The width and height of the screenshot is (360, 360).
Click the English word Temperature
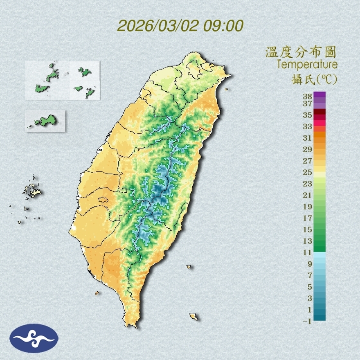[307, 65]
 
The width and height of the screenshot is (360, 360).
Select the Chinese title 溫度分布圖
[301, 52]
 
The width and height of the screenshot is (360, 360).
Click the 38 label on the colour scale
[308, 97]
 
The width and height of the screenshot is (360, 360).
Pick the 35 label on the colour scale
[308, 115]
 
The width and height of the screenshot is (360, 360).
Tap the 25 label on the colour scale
[308, 172]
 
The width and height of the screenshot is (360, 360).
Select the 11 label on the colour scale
[308, 252]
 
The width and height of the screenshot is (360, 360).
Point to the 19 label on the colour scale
[308, 207]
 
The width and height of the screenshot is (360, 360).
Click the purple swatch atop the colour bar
[320, 94]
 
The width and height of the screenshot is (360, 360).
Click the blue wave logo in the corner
[34, 338]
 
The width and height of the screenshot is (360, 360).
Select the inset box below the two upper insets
[45, 121]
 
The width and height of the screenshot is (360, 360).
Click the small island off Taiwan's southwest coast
[97, 293]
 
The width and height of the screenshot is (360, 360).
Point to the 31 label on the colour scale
[308, 138]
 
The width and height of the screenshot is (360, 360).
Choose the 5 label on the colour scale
[310, 287]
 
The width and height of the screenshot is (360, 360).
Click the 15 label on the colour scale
[308, 229]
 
